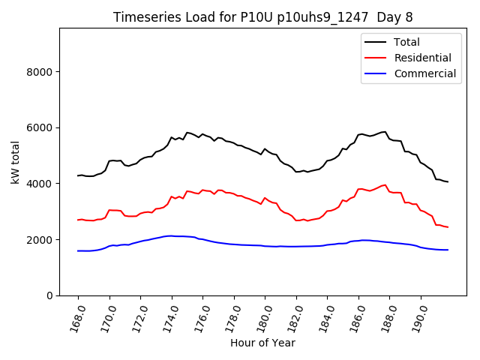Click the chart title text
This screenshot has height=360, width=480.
point(262,17)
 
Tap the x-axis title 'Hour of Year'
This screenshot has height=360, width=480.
point(262,343)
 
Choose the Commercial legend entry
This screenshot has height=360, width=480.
point(424,73)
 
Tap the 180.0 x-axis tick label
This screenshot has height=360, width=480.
point(262,316)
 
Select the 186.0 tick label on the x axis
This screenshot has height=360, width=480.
point(355,316)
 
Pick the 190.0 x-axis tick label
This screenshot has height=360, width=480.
point(418,316)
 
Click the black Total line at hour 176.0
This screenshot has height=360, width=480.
point(203,134)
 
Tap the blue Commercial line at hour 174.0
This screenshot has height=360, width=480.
point(172,235)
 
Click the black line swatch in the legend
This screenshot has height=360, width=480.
point(376,42)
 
